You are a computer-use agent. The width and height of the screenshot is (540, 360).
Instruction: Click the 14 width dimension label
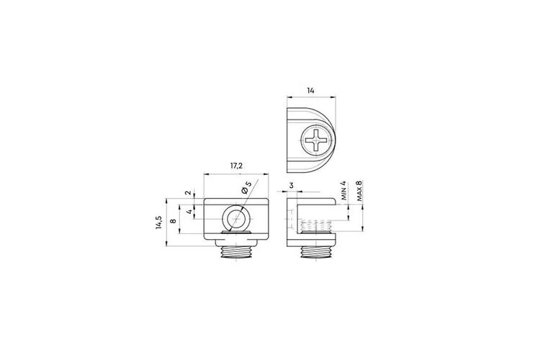point(310,91)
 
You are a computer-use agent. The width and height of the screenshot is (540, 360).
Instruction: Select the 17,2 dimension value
point(237,166)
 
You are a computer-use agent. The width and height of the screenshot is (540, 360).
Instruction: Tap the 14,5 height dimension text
point(158,222)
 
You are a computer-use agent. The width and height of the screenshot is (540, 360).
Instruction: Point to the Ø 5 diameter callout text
point(247,186)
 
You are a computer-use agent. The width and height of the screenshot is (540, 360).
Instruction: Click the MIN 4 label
point(343,191)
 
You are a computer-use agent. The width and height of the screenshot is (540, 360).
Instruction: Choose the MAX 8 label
point(359,191)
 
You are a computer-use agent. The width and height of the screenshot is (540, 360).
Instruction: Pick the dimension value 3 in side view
point(292,185)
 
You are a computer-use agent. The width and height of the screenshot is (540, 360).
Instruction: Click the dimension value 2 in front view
point(188,192)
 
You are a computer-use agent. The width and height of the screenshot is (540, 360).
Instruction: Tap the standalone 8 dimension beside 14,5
point(174,220)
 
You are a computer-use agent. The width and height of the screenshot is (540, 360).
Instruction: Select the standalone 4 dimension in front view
point(189,212)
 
